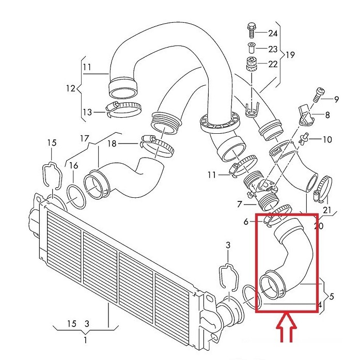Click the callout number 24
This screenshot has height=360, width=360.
(x=272, y=34)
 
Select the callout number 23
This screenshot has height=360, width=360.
(x=272, y=49)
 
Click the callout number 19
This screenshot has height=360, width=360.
(x=290, y=54)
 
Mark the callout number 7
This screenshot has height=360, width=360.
(x=239, y=205)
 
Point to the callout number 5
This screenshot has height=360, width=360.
(x=332, y=296)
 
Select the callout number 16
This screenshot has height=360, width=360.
(x=74, y=166)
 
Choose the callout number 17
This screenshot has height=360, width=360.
(x=85, y=138)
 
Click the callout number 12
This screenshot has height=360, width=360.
(x=70, y=88)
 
